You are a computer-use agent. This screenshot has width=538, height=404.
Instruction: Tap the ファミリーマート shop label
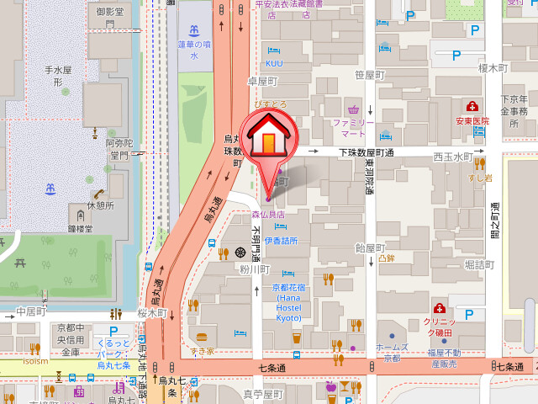click(x=354, y=128)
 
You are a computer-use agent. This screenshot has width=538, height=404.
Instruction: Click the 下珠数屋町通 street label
click(x=367, y=152)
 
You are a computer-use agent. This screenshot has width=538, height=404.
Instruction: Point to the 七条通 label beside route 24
click(x=510, y=367)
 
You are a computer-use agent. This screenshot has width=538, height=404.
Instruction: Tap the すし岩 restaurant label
click(x=482, y=178)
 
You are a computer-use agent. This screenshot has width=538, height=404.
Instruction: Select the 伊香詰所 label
click(x=281, y=241)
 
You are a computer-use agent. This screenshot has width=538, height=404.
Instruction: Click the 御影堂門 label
click(x=111, y=18)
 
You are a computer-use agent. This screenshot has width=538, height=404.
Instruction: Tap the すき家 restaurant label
click(x=202, y=350)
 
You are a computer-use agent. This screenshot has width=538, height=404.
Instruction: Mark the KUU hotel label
click(x=274, y=63)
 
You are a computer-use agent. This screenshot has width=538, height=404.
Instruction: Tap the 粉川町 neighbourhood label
click(x=253, y=270)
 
